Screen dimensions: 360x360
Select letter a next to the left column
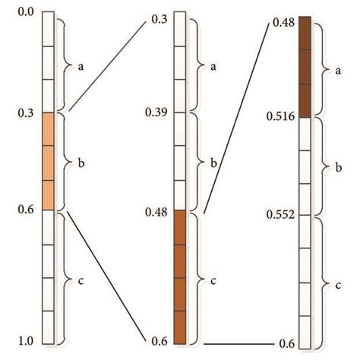click(x=81, y=66)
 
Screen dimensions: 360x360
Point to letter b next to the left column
click(x=81, y=162)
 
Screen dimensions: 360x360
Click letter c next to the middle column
click(x=213, y=280)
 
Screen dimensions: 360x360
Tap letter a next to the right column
click(x=337, y=69)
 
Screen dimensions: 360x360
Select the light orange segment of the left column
click(x=47, y=161)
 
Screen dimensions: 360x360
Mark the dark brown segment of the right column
click(x=305, y=67)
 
